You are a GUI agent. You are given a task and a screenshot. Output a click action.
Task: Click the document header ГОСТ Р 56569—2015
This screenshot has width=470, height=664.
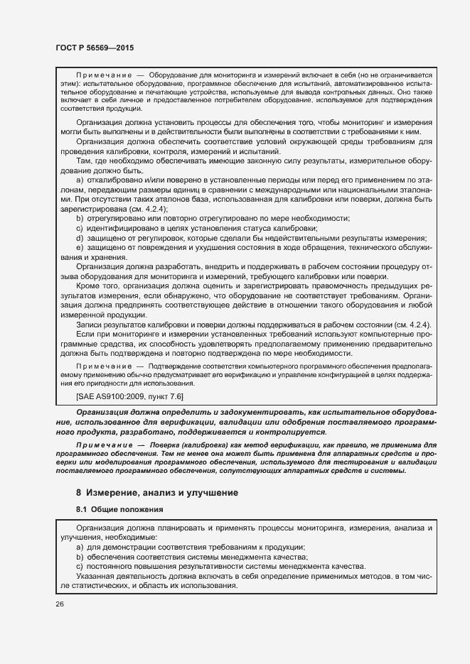[x=94, y=48]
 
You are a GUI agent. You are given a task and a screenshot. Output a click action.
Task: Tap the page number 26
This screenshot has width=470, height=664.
[x=59, y=604]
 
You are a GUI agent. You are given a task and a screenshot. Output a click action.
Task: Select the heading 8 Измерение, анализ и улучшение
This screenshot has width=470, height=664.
[x=156, y=492]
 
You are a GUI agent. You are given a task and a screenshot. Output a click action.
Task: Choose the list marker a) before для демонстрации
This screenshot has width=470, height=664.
[x=80, y=547]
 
